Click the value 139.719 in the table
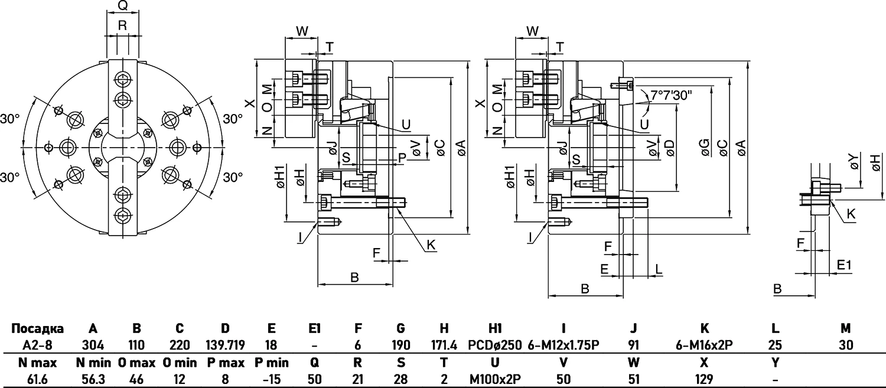pyautogui.click(x=225, y=345)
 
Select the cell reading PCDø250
pyautogui.click(x=495, y=345)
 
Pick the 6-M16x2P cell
pyautogui.click(x=704, y=345)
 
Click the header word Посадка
pyautogui.click(x=38, y=328)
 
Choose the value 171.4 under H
pyautogui.click(x=444, y=345)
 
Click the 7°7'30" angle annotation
pyautogui.click(x=671, y=94)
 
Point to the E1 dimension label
pyautogui.click(x=844, y=266)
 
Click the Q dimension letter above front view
pyautogui.click(x=123, y=6)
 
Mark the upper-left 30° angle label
pyautogui.click(x=10, y=119)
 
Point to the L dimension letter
pyautogui.click(x=659, y=269)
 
